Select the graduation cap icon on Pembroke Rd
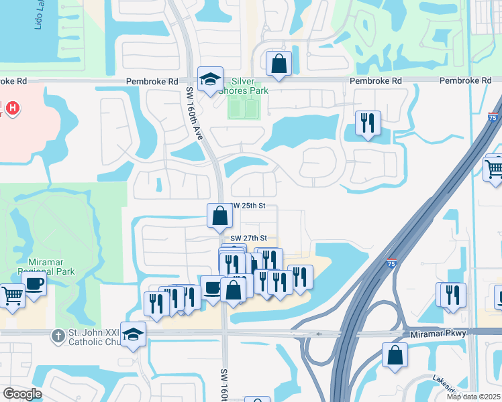210,79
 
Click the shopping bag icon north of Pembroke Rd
279,64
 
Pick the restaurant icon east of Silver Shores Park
368,123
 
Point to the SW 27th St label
249,238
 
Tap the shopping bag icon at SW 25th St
219,215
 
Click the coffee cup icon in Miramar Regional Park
34,283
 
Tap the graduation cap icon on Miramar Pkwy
133,334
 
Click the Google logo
22,394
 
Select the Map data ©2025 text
472,397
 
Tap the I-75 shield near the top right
494,118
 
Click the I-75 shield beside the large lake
391,264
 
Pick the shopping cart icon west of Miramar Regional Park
11,295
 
